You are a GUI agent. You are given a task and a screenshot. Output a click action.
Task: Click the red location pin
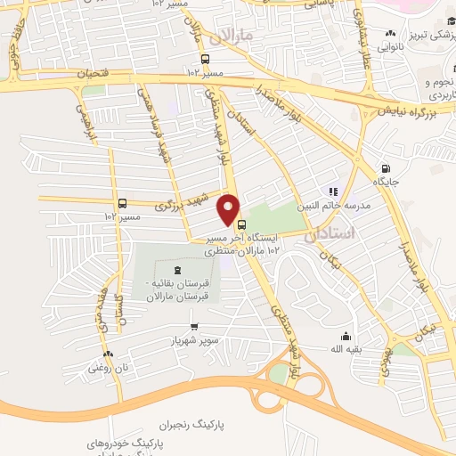tap(229, 208)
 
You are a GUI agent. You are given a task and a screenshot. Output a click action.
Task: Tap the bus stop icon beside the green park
tap(242, 224)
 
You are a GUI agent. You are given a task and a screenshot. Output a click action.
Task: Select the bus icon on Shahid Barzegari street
tap(121, 203)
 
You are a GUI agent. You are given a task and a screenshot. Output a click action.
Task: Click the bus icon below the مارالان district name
tap(206, 59)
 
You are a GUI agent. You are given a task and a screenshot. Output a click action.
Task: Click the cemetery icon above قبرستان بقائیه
tap(175, 270)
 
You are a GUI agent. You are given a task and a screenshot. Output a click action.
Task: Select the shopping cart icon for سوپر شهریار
tap(195, 326)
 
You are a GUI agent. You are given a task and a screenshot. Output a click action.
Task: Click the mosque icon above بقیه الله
tap(346, 336)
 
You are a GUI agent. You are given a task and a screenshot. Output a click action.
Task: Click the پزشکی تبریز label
tap(421, 36)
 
